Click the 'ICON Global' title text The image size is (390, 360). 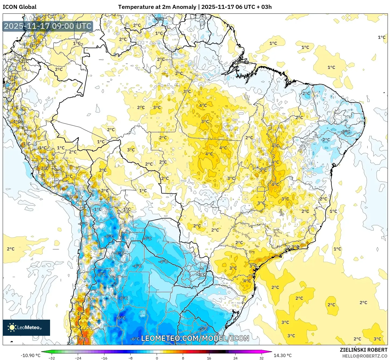tap(19, 7)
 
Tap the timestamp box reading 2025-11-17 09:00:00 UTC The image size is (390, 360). tap(48, 26)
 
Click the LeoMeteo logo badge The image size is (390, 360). tap(26, 327)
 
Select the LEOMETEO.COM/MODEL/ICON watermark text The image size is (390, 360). tap(195, 338)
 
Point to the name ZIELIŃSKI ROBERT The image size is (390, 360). tap(363, 350)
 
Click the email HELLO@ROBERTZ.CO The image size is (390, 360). tap(365, 356)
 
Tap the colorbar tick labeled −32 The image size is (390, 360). tap(52, 358)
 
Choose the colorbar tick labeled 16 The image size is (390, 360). tap(209, 358)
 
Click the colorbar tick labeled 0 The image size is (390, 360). tap(157, 358)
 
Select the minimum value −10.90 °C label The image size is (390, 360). tap(30, 355)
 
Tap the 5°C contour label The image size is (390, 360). tap(263, 170)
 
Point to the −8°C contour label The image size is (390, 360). tap(119, 253)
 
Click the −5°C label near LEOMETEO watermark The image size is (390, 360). tap(203, 329)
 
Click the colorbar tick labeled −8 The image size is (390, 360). tap(130, 358)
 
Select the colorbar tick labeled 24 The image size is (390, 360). tap(235, 358)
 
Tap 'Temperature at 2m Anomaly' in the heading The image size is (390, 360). tap(157, 7)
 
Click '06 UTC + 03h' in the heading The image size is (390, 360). tap(253, 7)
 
